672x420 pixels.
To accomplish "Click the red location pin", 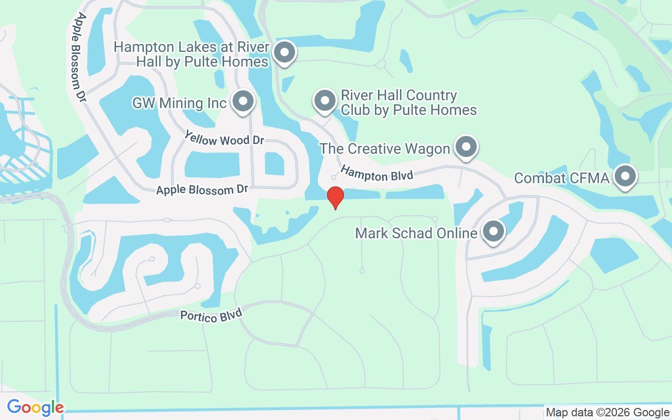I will [335, 197].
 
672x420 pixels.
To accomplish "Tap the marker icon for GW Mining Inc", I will [243, 102].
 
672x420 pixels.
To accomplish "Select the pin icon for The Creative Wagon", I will [466, 147].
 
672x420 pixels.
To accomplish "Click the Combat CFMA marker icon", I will [625, 177].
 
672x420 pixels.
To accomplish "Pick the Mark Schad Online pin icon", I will [493, 231].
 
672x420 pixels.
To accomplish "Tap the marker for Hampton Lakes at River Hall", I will [285, 52].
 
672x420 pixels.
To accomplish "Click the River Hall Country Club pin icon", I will [324, 100].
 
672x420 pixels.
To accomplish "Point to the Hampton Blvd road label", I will [377, 173].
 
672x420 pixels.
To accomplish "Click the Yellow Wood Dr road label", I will [224, 140].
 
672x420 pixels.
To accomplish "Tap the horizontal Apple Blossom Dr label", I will [202, 190].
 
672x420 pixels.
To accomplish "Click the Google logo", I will [35, 407].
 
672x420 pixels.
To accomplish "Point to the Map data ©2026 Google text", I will [607, 413].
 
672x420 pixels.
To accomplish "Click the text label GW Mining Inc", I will [179, 103].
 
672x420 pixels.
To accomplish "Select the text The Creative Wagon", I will [385, 149].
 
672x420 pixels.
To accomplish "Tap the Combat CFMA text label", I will [562, 178].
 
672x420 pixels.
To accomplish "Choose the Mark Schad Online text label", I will [416, 233].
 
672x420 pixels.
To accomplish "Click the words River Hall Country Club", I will [399, 96].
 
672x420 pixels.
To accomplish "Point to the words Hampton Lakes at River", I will [192, 47].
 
